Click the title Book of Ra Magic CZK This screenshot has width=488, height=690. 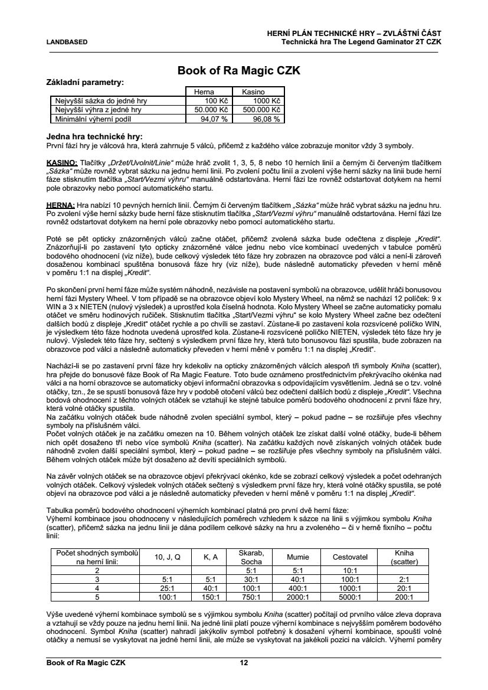(239, 71)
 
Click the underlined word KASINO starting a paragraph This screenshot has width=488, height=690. (61, 162)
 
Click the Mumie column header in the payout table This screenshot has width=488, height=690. (297, 557)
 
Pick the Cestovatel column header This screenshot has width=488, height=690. (350, 557)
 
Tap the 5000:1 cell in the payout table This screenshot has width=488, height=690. (350, 597)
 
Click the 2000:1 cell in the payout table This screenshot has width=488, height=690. (297, 597)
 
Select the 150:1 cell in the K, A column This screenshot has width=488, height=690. (211, 597)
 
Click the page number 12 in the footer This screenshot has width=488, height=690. (243, 663)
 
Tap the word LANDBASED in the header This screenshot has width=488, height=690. (67, 42)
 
